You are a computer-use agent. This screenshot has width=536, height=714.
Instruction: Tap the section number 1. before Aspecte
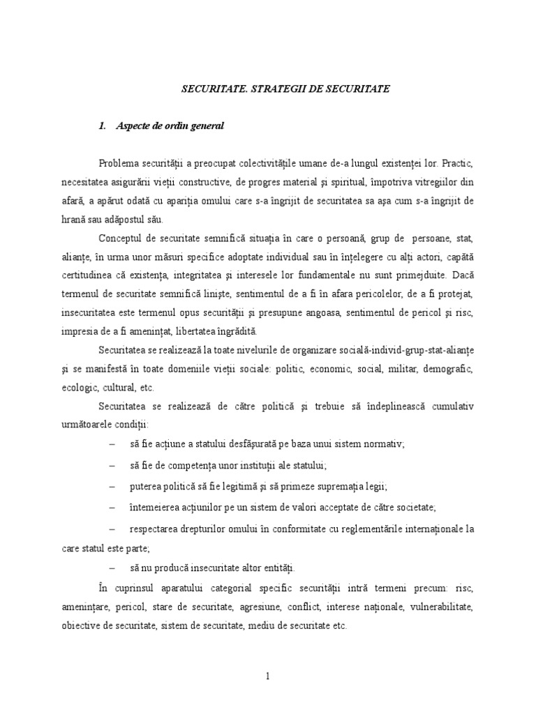(x=103, y=126)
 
